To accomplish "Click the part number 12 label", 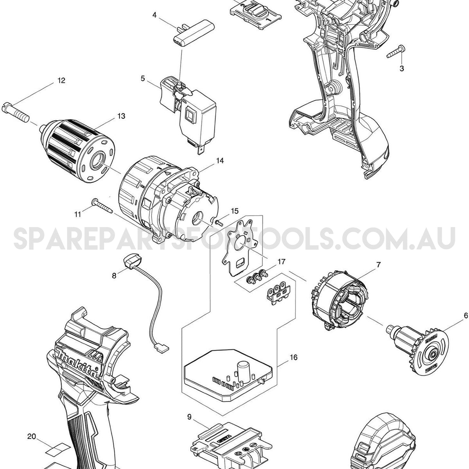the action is [61, 80].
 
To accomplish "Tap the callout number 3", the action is [402, 68].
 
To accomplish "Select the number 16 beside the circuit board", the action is [294, 357].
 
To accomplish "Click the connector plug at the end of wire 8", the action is [162, 350].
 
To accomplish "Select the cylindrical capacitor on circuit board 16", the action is [242, 369].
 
